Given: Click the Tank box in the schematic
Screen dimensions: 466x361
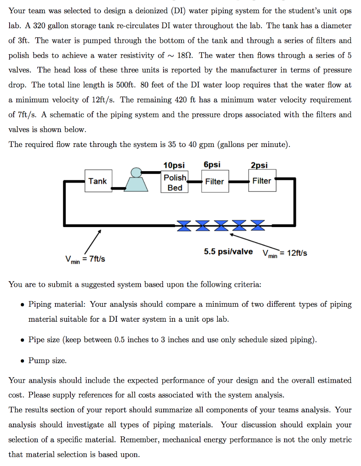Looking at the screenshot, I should point(98,181).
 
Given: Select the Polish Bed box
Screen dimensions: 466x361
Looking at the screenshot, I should point(175,182).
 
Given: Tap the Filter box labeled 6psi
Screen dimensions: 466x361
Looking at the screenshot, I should point(215,182).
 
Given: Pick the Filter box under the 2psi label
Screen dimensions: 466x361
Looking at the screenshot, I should point(262,181).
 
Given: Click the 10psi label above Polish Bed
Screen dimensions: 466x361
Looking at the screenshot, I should point(174,165).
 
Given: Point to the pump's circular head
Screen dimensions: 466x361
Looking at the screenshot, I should point(135,172).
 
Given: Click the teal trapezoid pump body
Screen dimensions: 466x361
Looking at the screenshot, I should point(136,183).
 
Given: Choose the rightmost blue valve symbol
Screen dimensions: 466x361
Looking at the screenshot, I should point(257,225).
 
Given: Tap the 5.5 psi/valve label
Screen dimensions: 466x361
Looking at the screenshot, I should point(228,252).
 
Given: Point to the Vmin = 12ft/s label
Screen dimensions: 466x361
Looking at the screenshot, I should point(285,253).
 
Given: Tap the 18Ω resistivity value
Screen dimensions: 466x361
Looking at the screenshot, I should point(183,56).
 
